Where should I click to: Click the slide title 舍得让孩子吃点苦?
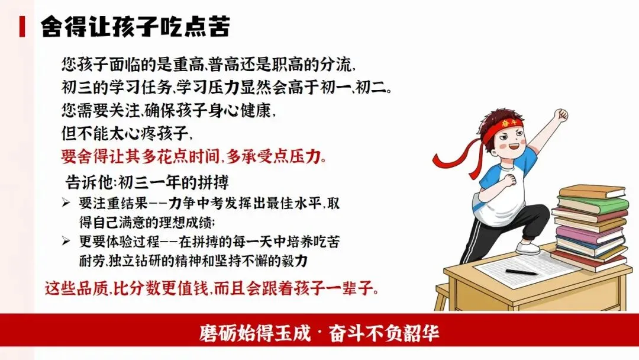tap(135, 27)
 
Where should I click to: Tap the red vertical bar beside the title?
tap(22, 27)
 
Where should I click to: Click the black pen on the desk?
tap(521, 272)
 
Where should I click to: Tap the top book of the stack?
tap(591, 191)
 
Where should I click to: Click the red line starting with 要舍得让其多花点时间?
tap(194, 156)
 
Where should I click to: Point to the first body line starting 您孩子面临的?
tap(208, 64)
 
